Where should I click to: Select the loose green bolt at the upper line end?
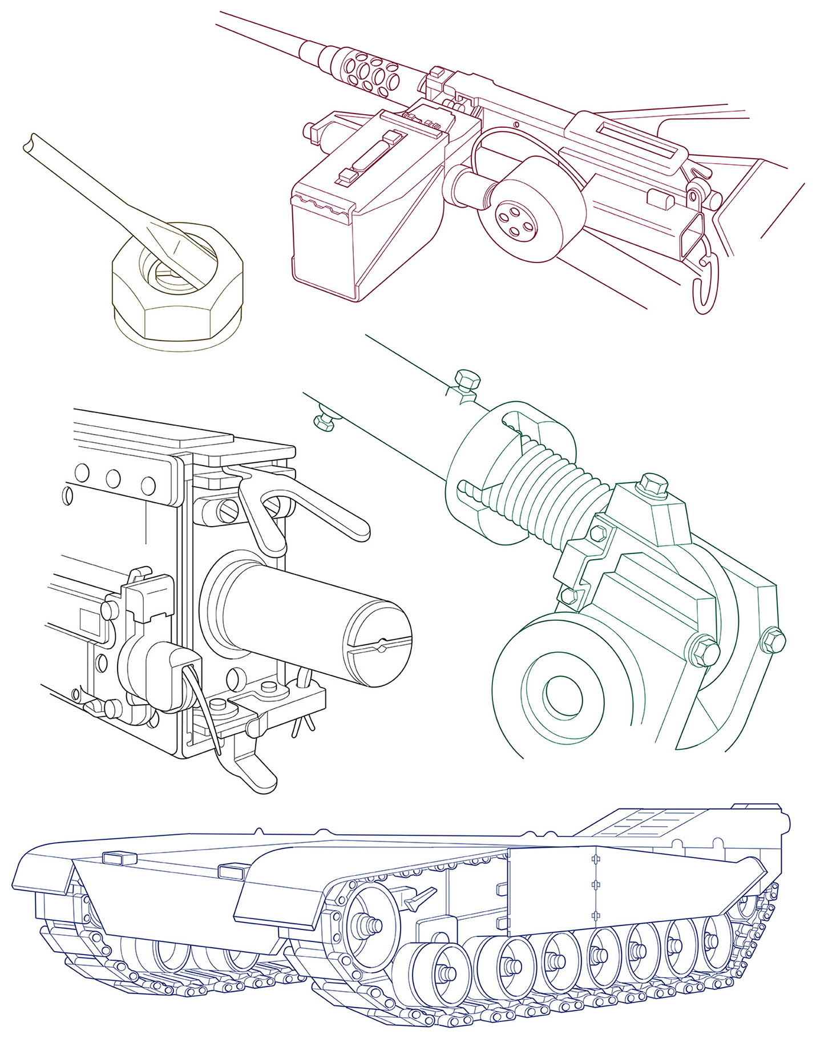(x=467, y=379)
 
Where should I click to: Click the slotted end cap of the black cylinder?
(x=378, y=642)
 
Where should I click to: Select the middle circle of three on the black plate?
(x=113, y=478)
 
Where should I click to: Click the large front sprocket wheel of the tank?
(x=370, y=925)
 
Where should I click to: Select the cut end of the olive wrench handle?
(x=31, y=141)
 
